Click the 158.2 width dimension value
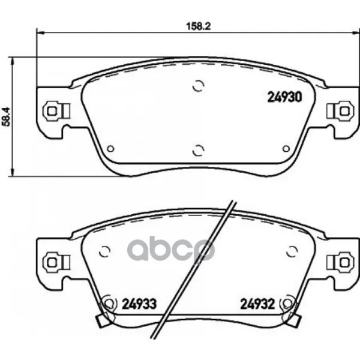coord(199,26)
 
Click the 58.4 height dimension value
coord(6,116)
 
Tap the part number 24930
coord(284,97)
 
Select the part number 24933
coord(139,304)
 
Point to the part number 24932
coord(257,304)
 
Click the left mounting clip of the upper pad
coord(56,111)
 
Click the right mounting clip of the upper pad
coord(340,112)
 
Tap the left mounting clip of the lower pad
coord(56,262)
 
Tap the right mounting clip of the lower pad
coord(340,262)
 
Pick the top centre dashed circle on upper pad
coord(199,86)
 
